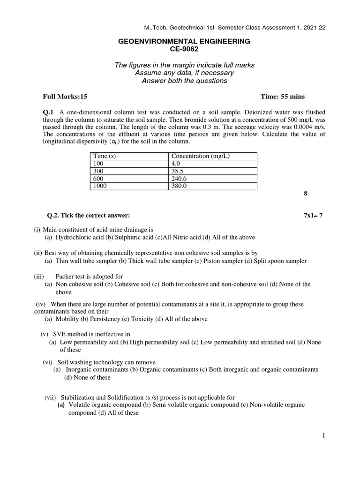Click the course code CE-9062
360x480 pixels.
[184, 49]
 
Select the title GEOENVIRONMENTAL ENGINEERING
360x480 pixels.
[184, 42]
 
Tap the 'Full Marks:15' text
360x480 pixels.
[65, 97]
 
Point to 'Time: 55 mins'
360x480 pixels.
[282, 97]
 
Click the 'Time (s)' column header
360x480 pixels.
[105, 156]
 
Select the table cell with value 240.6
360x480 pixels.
[180, 178]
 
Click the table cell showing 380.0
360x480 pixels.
[180, 186]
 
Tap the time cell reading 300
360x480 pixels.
[98, 171]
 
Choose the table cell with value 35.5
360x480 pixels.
[178, 171]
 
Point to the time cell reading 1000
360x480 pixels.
[100, 186]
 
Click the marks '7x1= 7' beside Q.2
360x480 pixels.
[313, 215]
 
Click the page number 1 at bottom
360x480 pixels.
[323, 435]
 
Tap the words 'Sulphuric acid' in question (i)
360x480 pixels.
[138, 238]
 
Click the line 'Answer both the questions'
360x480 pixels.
[184, 81]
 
